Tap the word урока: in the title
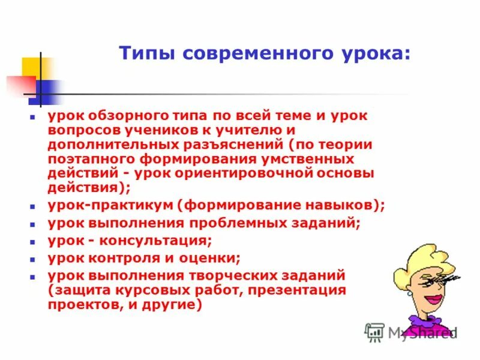[x=376, y=54]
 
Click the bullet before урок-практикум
[x=34, y=206]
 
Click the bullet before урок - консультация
[x=34, y=242]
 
